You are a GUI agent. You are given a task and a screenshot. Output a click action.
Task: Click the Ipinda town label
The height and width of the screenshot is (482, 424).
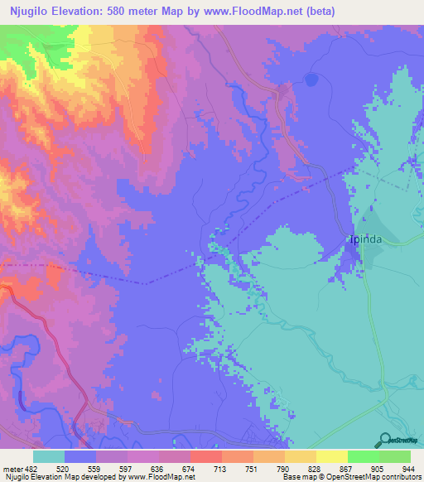364,242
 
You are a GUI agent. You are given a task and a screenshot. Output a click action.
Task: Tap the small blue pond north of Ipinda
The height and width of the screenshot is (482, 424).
311,80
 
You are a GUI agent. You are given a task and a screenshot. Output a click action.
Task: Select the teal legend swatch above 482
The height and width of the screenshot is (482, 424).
49,456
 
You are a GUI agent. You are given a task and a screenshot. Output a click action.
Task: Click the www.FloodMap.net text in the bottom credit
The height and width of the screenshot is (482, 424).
162,477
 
